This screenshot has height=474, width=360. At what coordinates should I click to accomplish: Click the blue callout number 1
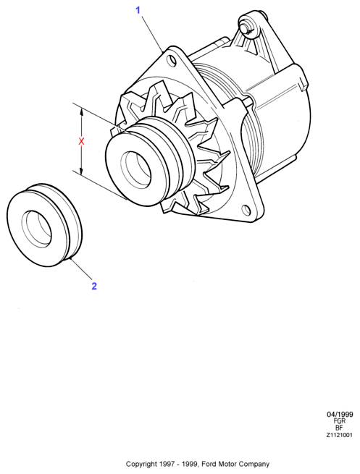click(x=138, y=10)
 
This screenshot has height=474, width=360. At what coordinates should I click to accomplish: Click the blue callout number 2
click(x=94, y=286)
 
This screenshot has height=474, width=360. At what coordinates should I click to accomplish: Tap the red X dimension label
click(x=81, y=141)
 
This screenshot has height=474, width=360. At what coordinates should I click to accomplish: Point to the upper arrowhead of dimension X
click(x=81, y=112)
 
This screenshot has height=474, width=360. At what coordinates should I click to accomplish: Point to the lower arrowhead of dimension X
click(x=81, y=171)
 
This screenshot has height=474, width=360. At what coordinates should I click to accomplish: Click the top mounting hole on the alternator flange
click(x=172, y=60)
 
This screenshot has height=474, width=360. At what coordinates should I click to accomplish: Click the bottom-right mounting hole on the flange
click(x=246, y=210)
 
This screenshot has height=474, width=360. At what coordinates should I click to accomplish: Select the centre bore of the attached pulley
click(x=136, y=168)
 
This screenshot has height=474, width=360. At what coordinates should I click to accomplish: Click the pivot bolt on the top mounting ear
click(x=247, y=27)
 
